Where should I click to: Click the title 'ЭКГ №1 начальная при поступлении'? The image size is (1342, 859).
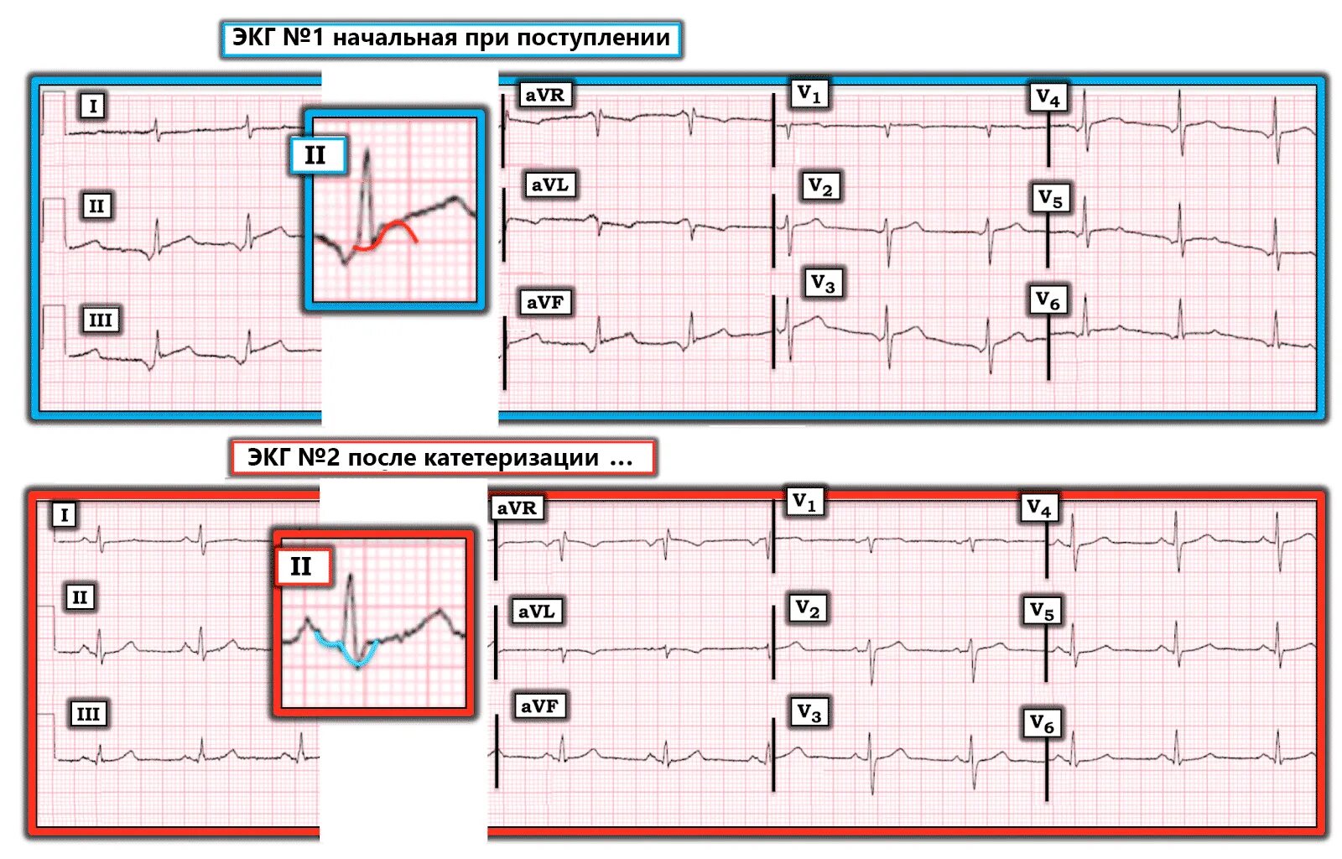pyautogui.click(x=451, y=39)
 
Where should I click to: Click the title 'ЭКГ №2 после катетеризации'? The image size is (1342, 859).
pyautogui.click(x=441, y=458)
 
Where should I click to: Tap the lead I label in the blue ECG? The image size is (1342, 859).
pyautogui.click(x=93, y=106)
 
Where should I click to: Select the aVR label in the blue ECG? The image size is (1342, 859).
pyautogui.click(x=545, y=95)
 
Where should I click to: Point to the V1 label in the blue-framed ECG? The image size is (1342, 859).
pyautogui.click(x=809, y=93)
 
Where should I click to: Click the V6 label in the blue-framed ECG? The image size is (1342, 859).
pyautogui.click(x=1048, y=299)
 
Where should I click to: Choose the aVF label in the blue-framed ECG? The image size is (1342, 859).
pyautogui.click(x=545, y=302)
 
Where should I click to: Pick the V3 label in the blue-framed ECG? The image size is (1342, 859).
pyautogui.click(x=822, y=284)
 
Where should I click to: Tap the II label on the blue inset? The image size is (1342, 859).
pyautogui.click(x=316, y=155)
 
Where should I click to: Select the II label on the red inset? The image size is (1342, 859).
pyautogui.click(x=302, y=567)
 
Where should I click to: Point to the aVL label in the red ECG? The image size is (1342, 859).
pyautogui.click(x=537, y=612)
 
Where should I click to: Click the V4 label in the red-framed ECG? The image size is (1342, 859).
pyautogui.click(x=1039, y=508)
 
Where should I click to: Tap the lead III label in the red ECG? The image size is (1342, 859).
pyautogui.click(x=88, y=714)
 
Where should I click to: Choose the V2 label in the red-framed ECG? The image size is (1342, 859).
pyautogui.click(x=808, y=608)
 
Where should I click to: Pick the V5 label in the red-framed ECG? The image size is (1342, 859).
pyautogui.click(x=1042, y=611)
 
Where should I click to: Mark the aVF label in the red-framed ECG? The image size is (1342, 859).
pyautogui.click(x=539, y=706)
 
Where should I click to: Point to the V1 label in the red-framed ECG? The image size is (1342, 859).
pyautogui.click(x=804, y=502)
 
